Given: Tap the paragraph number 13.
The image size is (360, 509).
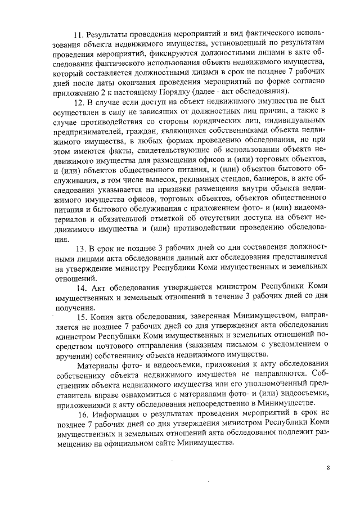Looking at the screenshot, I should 79,248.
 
